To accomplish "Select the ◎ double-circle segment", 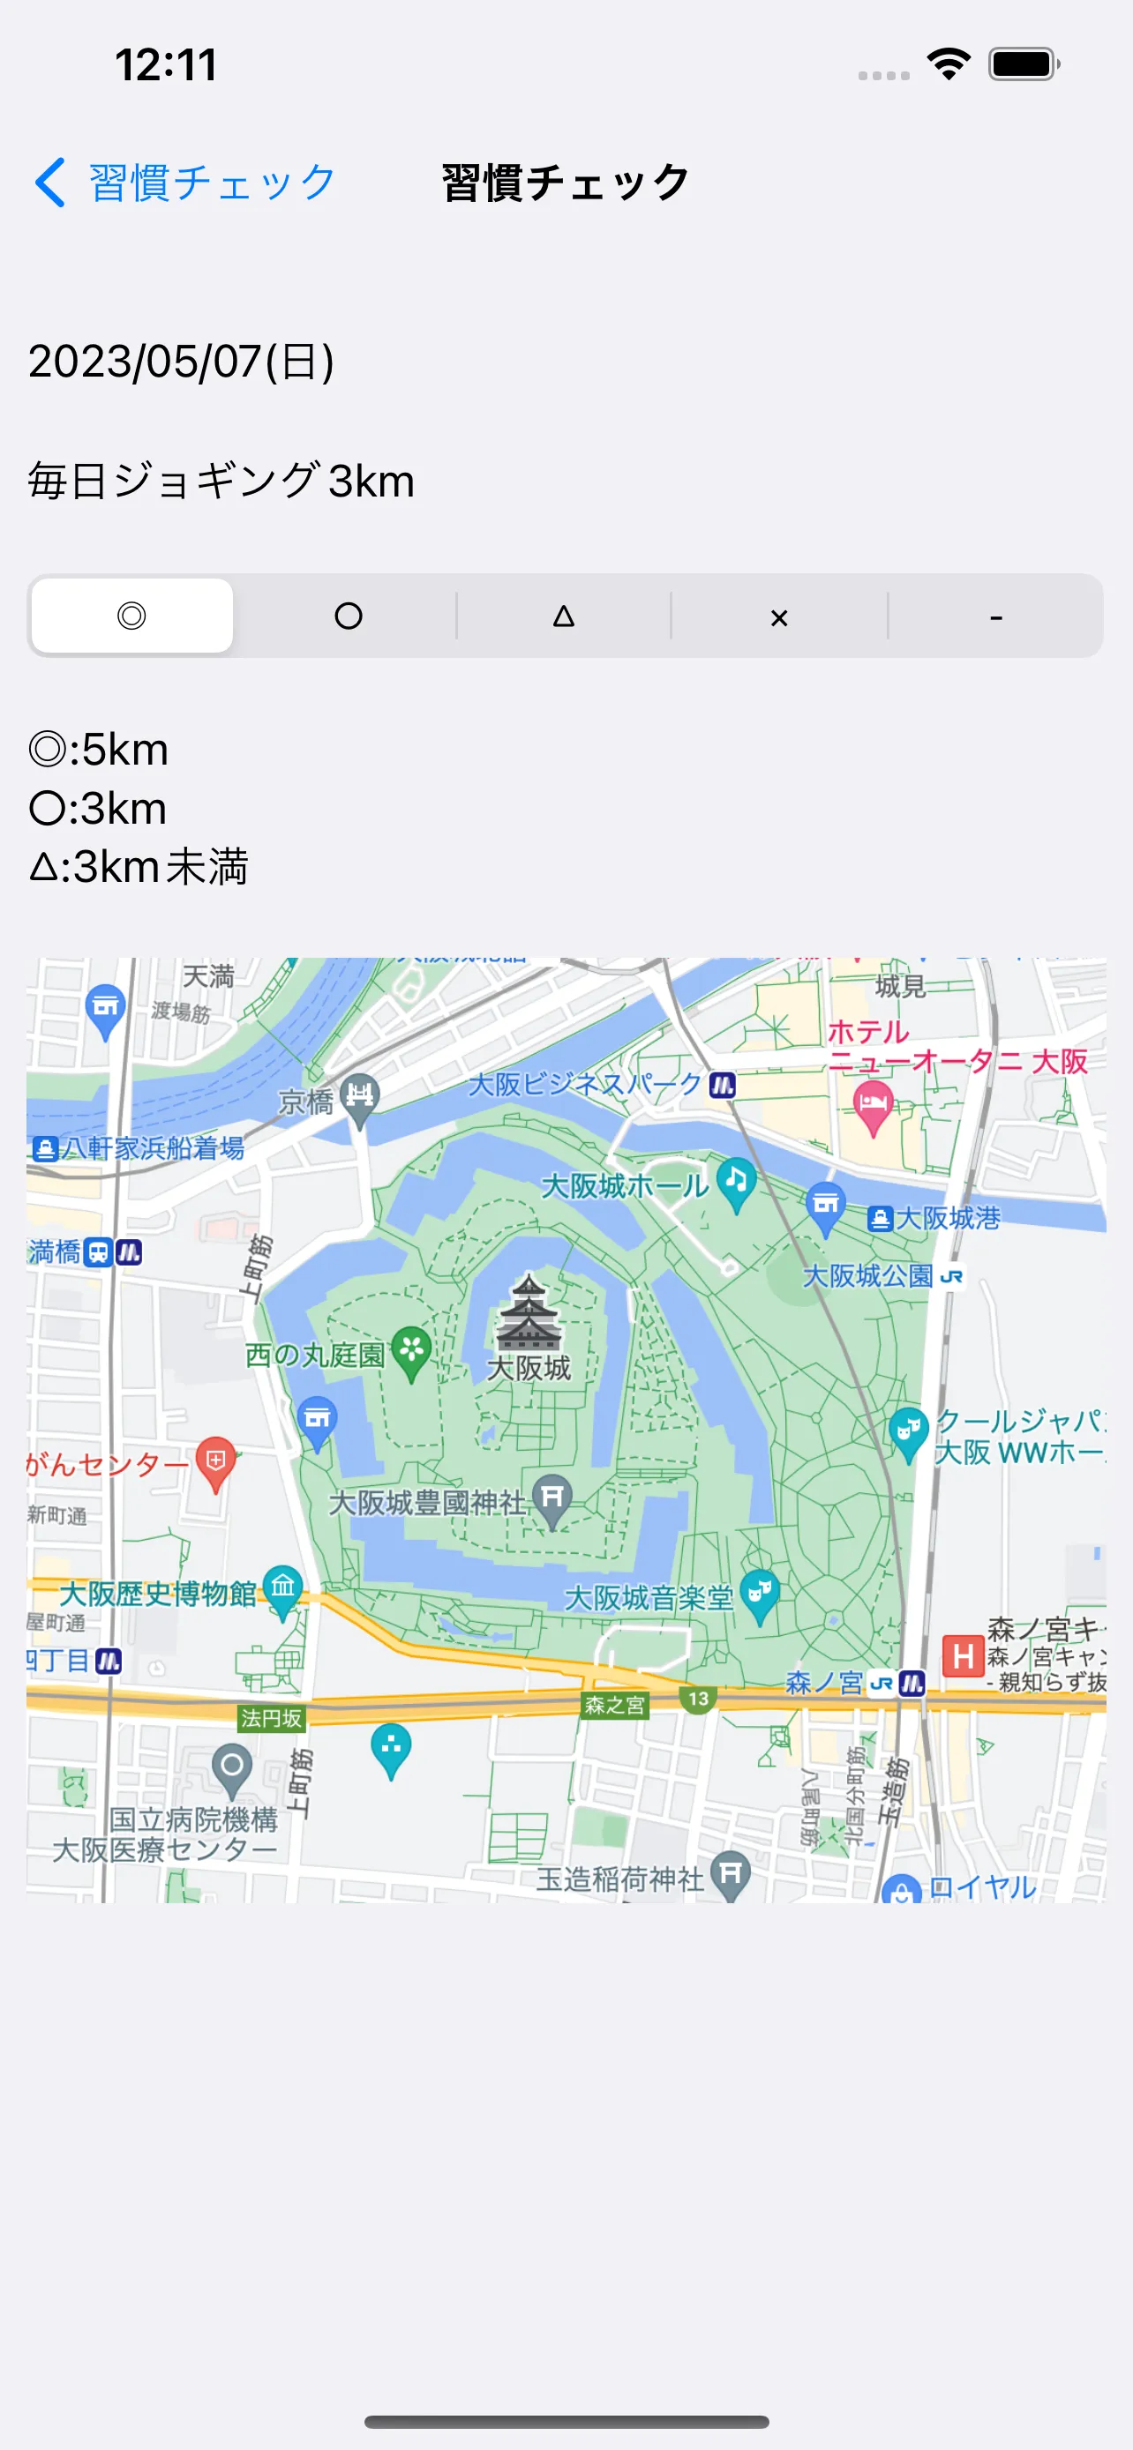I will [132, 616].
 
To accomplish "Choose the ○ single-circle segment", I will [349, 616].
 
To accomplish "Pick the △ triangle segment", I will [564, 616].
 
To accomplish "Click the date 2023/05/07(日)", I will [181, 362].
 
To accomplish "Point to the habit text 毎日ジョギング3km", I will [221, 482].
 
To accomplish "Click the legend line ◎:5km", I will [99, 750].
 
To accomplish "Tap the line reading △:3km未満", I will [139, 866].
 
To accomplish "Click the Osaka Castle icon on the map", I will [529, 1313].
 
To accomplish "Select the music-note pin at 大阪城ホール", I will [736, 1182].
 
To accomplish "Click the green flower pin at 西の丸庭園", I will [411, 1349].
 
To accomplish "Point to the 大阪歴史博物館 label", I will [158, 1593].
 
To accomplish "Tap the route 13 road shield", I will [698, 1699].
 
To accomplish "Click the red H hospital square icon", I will [963, 1657].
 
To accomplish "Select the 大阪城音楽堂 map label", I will [649, 1598].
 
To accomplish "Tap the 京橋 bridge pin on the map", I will [360, 1096].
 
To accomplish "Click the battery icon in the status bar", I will [1024, 64].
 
